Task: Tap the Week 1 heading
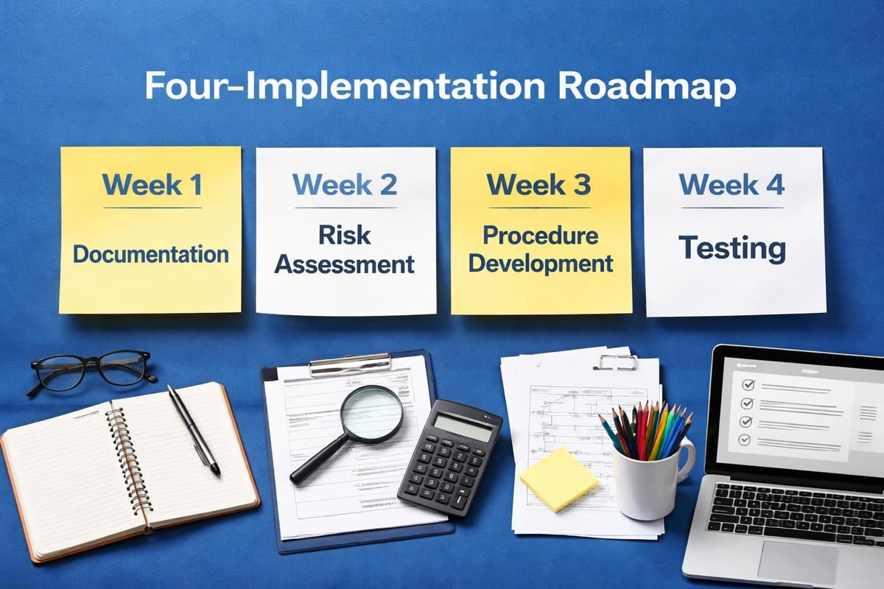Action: pos(152,185)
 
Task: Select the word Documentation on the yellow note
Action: pos(151,255)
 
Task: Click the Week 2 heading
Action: pos(345,184)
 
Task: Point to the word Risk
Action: pos(345,236)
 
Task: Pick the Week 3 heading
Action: pos(539,185)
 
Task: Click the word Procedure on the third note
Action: pos(540,236)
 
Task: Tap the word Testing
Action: pos(732,247)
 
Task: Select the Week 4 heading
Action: pos(732,184)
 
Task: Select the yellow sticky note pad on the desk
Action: pos(558,479)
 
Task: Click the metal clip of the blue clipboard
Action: pos(350,363)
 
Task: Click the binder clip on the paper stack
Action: pos(617,361)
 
